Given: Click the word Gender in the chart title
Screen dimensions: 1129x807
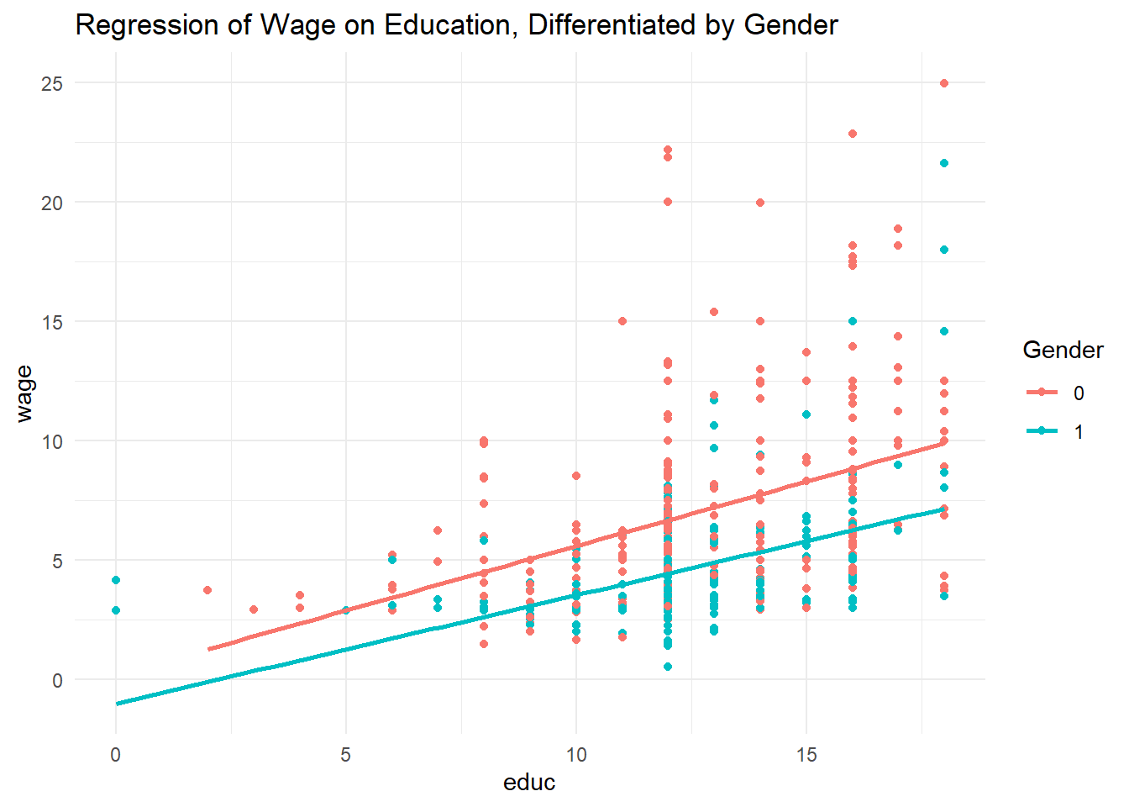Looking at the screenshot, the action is click(x=791, y=25).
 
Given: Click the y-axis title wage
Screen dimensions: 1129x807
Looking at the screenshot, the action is click(x=24, y=393).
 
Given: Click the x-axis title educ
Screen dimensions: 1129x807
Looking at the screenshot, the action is click(x=529, y=783).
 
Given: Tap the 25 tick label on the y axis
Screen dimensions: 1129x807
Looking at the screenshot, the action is click(x=52, y=83).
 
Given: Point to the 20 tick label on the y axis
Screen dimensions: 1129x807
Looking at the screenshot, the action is click(x=52, y=203).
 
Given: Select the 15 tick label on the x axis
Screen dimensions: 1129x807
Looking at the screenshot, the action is click(x=806, y=755).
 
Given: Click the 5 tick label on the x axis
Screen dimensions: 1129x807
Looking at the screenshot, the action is click(x=345, y=755).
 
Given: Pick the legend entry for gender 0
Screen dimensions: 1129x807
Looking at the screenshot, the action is click(x=1056, y=393).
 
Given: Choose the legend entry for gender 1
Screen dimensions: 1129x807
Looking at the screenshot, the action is click(x=1056, y=431).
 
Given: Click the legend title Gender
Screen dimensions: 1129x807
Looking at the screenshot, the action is click(x=1063, y=351).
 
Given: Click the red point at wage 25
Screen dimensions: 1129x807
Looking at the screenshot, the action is click(x=944, y=83).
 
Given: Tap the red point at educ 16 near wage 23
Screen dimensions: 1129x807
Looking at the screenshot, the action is click(x=853, y=134).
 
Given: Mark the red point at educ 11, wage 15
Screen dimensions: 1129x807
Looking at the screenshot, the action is click(x=622, y=321).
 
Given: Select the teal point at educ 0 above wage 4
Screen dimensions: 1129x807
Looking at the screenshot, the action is click(x=116, y=580).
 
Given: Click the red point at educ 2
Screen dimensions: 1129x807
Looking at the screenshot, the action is click(x=207, y=590).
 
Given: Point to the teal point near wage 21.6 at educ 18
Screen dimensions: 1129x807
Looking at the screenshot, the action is click(x=944, y=163).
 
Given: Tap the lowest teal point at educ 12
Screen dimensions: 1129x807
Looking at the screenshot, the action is click(x=668, y=667).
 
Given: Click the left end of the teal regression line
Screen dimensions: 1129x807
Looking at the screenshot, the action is click(x=118, y=703).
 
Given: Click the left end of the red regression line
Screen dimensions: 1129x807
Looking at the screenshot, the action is click(x=209, y=649).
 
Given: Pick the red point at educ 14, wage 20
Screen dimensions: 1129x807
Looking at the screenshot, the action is click(x=760, y=203).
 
